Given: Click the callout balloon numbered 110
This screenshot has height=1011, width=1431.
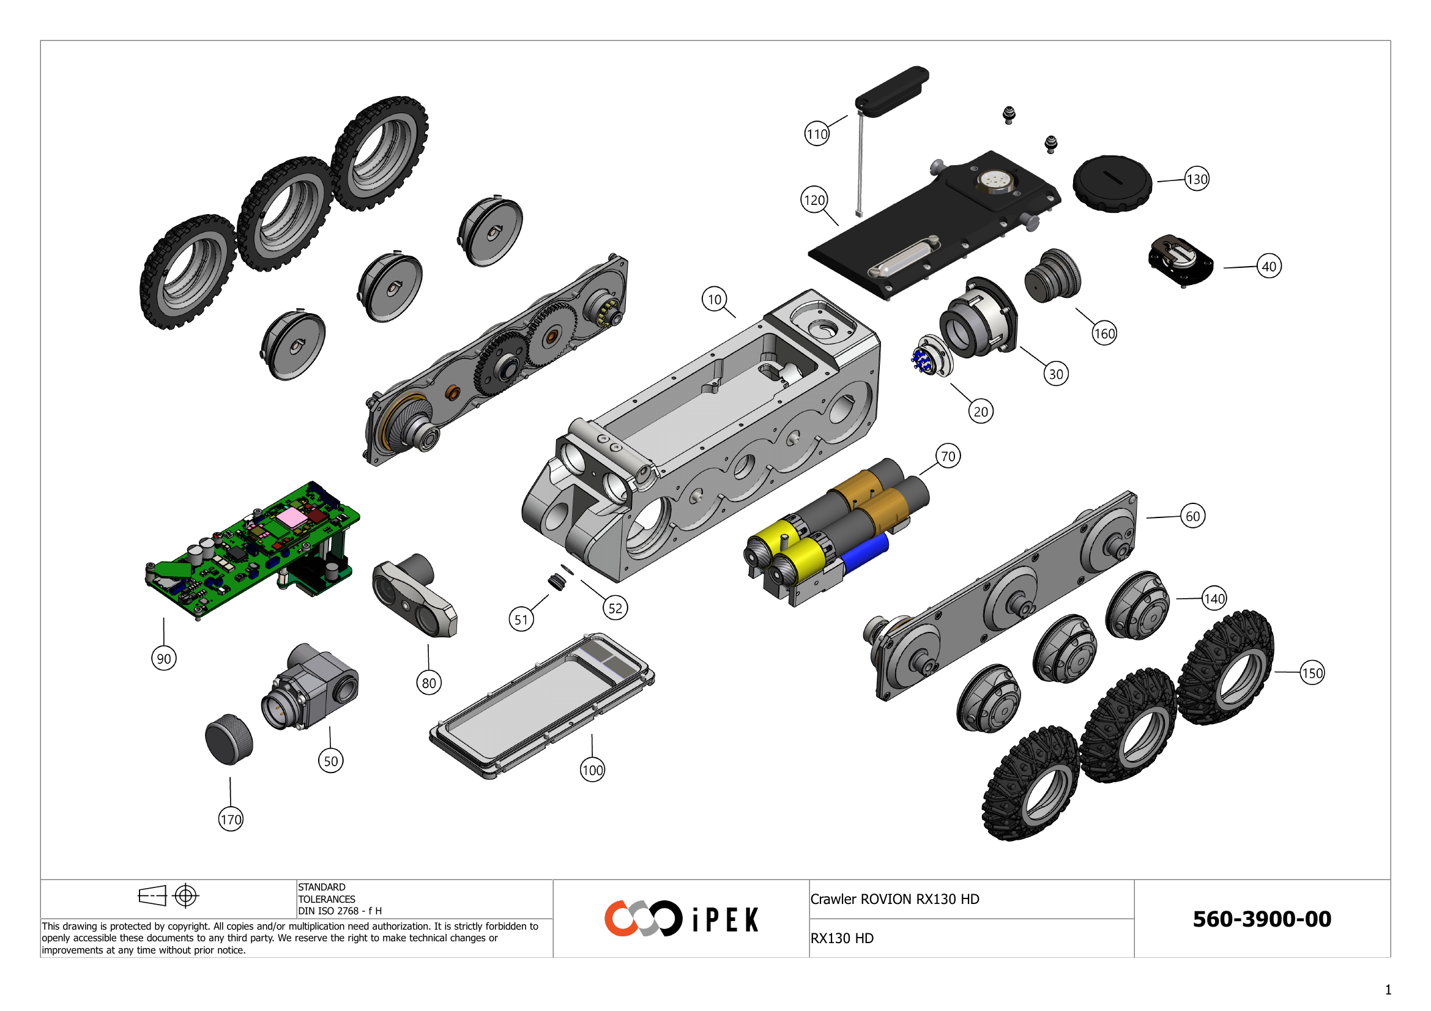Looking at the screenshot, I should pos(817,134).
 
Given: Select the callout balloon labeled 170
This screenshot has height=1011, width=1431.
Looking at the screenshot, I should pos(231,819).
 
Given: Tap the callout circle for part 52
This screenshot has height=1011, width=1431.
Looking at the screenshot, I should pos(615,608).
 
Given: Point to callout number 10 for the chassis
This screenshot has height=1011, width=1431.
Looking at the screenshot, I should pos(714,300).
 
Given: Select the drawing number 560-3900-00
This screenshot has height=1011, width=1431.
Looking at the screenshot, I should pos(1262,919).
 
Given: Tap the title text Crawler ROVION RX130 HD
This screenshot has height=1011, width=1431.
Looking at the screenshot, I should pos(894,899).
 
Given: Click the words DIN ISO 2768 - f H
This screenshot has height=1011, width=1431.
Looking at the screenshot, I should pos(340,911).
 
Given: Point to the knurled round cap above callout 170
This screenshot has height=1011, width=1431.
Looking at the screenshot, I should pos(229,739).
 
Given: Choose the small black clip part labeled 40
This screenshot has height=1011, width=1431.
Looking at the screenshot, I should pos(1180,260).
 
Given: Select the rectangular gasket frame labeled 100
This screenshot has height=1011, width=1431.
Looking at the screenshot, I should pos(542,707).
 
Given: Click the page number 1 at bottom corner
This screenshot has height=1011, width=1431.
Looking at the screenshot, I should pos(1388,990).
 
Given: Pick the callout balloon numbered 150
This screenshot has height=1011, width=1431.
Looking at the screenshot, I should pos(1312,673).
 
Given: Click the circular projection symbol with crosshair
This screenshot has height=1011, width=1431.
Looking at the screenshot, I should pos(186,896).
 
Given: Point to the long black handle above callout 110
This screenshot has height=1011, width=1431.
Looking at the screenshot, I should pos(892,92).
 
